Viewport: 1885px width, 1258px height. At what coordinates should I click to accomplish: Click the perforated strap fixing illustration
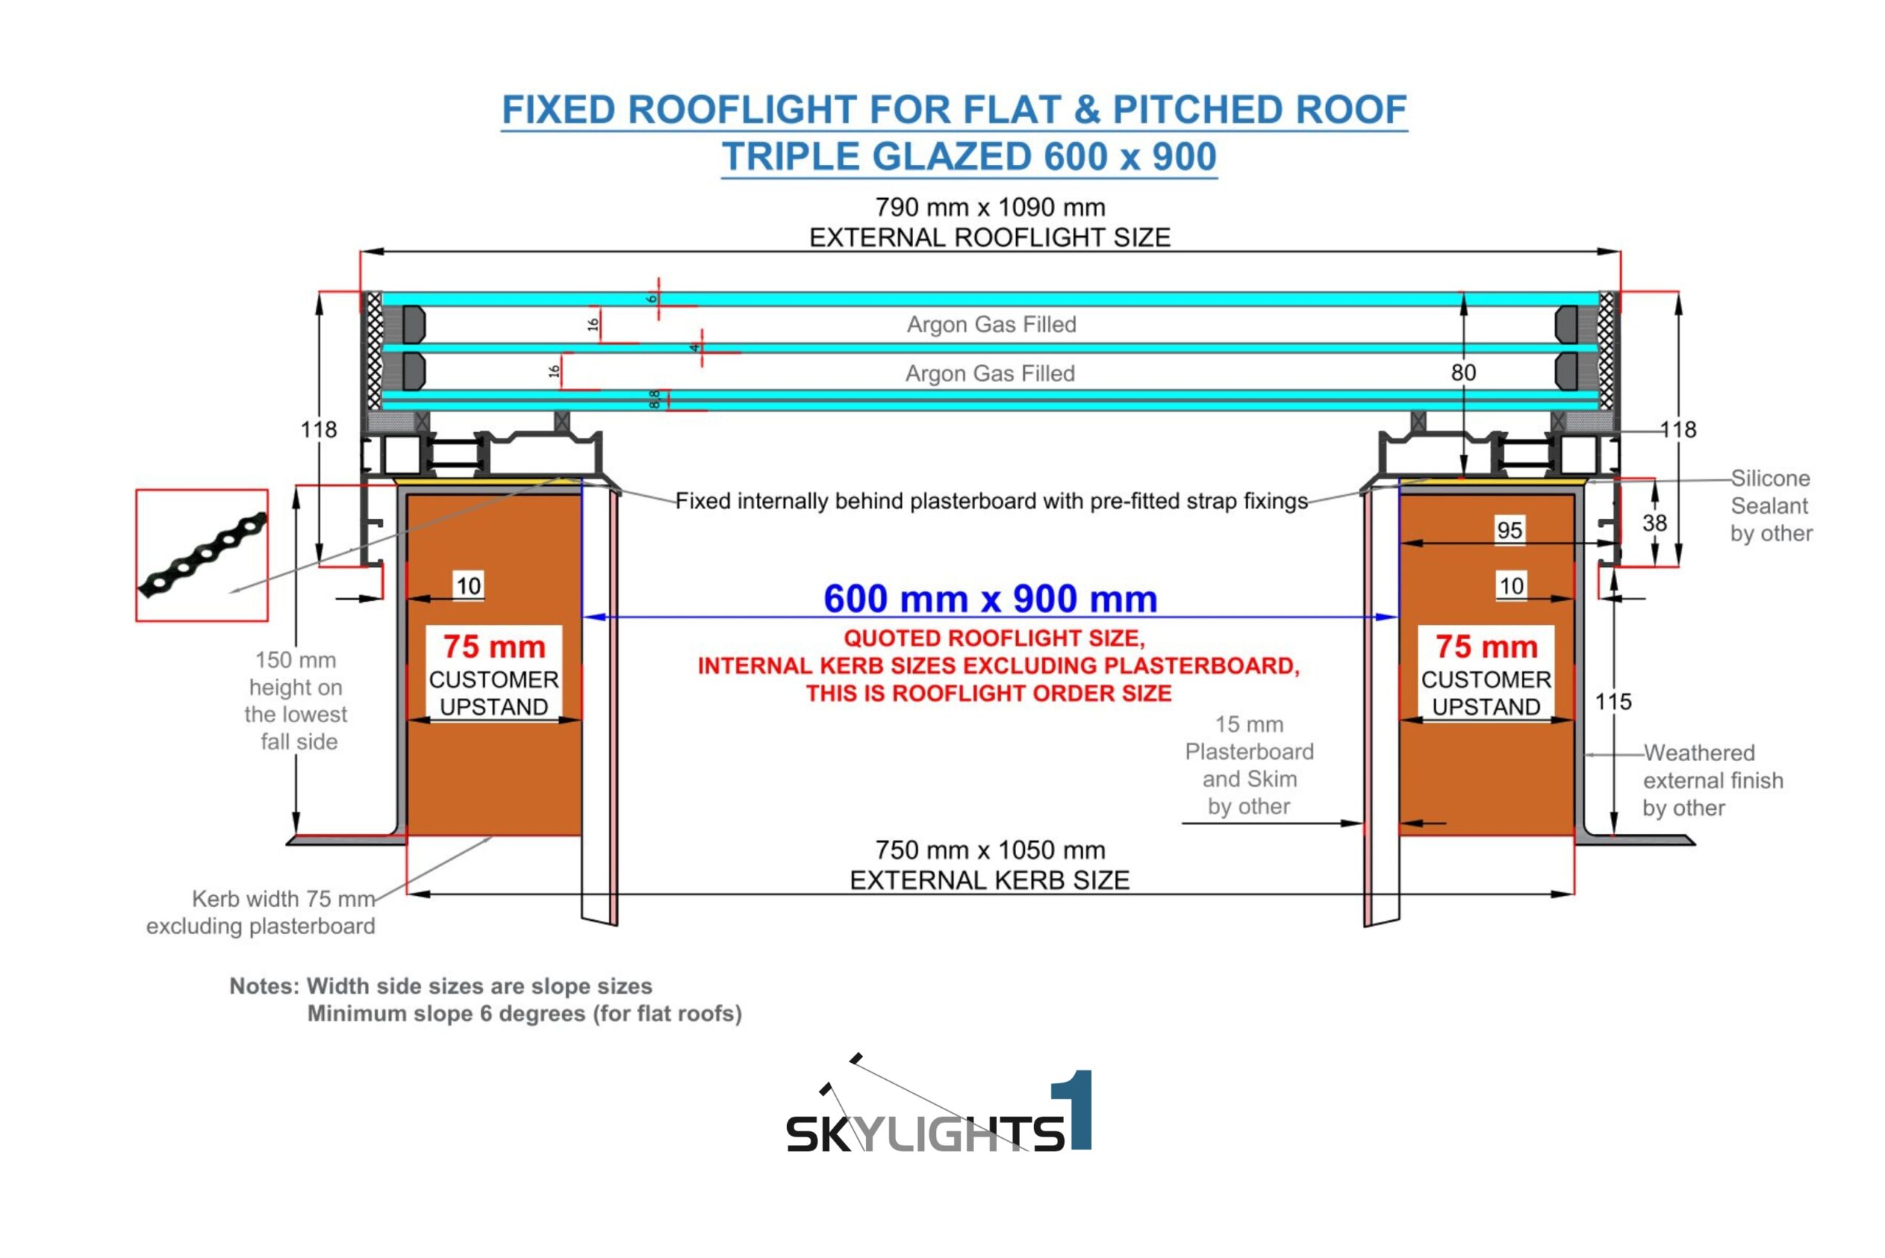click(x=202, y=555)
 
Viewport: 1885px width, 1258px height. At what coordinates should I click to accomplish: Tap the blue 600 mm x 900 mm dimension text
click(x=990, y=599)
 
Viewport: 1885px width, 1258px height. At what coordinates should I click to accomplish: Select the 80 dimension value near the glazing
click(x=1463, y=372)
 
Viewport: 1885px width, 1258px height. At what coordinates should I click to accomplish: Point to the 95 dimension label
click(x=1509, y=530)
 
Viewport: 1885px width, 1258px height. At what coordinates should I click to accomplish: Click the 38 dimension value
click(x=1654, y=523)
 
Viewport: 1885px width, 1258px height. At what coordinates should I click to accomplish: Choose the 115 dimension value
click(x=1613, y=702)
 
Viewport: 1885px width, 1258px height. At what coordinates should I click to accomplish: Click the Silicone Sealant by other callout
click(x=1770, y=506)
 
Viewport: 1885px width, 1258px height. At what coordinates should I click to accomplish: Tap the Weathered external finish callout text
click(x=1713, y=780)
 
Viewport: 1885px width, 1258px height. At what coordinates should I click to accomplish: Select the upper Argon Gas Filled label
click(x=991, y=324)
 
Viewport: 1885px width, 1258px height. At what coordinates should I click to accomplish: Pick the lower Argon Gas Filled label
click(x=990, y=373)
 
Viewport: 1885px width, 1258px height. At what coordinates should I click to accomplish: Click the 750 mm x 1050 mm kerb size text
click(x=990, y=849)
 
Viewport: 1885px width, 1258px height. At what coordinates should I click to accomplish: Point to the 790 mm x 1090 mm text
click(x=990, y=207)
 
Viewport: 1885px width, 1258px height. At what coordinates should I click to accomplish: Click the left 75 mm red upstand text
click(x=493, y=646)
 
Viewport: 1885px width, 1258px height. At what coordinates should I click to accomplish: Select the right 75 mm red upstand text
click(x=1486, y=646)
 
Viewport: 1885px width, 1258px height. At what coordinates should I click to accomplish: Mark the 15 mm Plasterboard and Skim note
click(x=1249, y=765)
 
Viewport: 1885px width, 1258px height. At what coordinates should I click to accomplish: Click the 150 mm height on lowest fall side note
click(x=296, y=701)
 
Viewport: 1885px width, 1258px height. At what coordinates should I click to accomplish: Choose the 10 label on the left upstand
click(x=468, y=586)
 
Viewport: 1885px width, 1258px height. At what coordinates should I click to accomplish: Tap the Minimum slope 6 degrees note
click(x=524, y=1014)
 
